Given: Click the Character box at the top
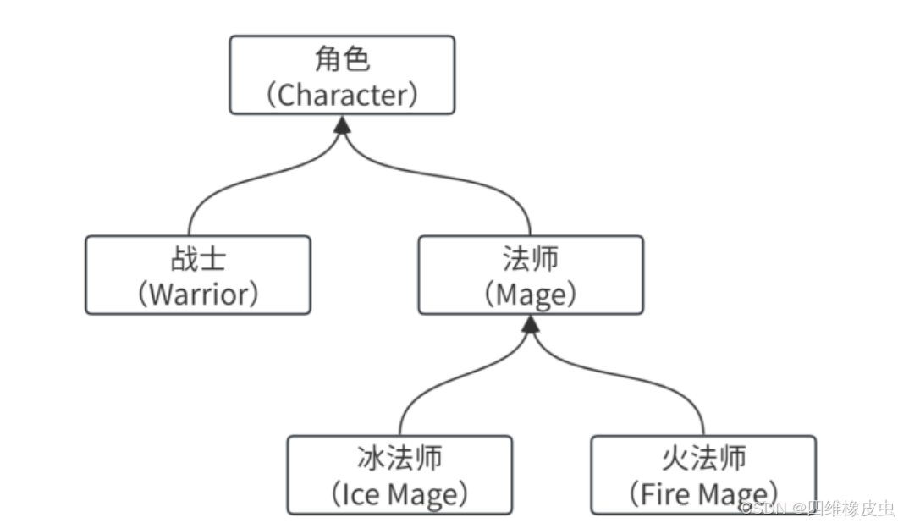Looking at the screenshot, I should coord(342,75).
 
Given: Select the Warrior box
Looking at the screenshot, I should coord(197,275).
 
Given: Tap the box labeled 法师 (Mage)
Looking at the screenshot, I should coord(530,275).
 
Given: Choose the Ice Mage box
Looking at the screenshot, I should coord(399,475).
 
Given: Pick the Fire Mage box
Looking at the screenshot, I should coord(702,475).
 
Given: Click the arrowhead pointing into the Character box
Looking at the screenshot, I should coord(342,124).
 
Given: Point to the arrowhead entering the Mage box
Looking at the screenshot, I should coord(531,324).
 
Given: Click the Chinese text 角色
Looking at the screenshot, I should coord(342,60).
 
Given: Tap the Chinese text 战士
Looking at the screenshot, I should coord(197,259).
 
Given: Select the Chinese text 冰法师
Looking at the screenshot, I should coord(399,459).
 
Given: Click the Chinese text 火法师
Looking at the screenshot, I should coord(702,459).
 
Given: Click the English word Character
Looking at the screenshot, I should coord(342,94).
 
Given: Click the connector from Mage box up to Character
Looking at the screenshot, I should coord(474,181).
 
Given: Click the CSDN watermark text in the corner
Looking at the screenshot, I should coord(817,508).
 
